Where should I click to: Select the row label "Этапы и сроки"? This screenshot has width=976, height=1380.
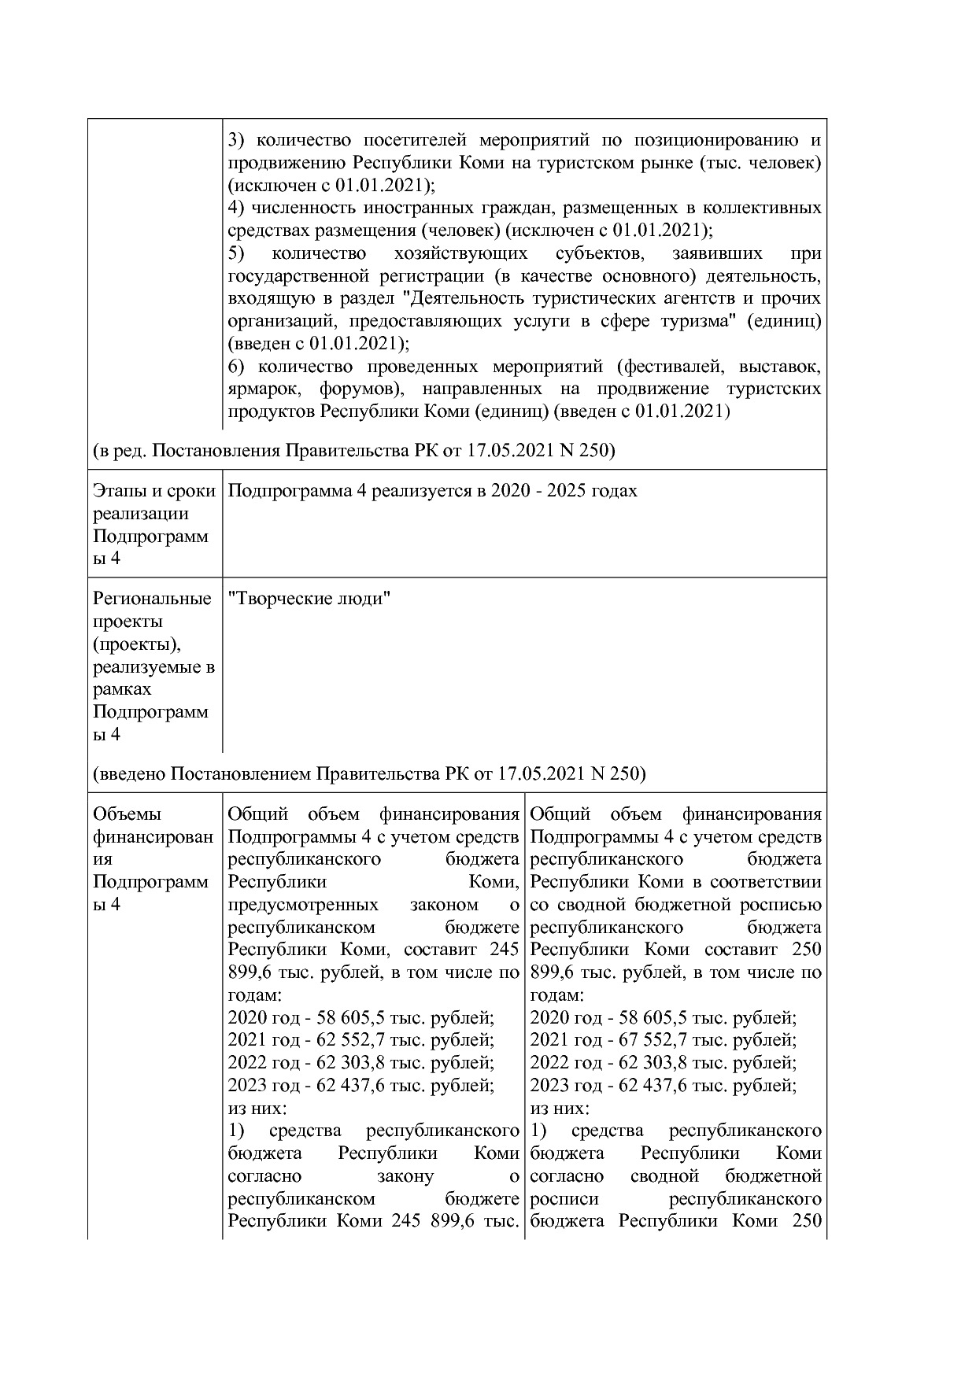154,491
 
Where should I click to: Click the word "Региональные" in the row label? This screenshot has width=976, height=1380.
152,599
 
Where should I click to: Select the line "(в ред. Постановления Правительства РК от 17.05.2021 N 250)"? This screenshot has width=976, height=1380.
354,452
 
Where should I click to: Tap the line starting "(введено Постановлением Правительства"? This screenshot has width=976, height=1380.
369,774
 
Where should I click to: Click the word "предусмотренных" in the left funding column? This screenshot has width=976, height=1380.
302,905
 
